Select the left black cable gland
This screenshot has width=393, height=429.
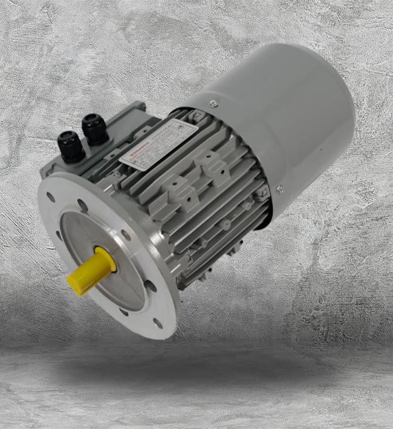pos(71,146)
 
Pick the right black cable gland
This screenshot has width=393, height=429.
pos(96,128)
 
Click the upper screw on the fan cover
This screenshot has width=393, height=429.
pos(213,103)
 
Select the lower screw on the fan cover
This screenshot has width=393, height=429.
pos(279,189)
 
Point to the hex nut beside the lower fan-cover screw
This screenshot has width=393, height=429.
pos(262,196)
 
